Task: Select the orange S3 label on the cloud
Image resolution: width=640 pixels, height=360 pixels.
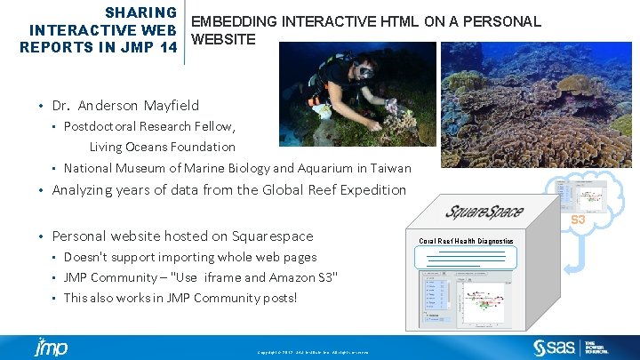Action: pyautogui.click(x=578, y=220)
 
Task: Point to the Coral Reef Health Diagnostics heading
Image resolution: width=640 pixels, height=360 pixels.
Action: pyautogui.click(x=467, y=241)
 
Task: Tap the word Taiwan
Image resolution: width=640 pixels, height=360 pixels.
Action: pyautogui.click(x=391, y=167)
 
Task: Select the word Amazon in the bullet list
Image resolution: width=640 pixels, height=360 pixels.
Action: pyautogui.click(x=285, y=277)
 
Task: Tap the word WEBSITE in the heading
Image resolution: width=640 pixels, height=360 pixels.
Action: pyautogui.click(x=223, y=40)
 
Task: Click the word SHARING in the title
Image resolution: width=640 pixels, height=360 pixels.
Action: pyautogui.click(x=140, y=12)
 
